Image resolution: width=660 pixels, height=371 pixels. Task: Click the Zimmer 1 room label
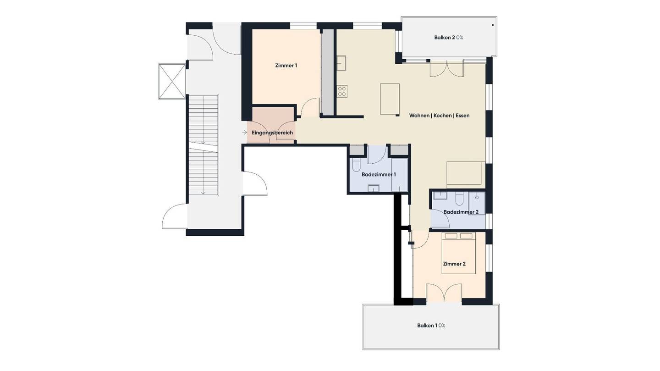click(286, 66)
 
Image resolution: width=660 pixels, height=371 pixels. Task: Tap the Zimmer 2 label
click(454, 264)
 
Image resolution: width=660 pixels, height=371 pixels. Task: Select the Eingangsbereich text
click(272, 133)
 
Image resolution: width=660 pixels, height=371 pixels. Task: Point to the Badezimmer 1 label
click(379, 175)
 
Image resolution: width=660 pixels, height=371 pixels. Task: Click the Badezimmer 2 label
click(461, 212)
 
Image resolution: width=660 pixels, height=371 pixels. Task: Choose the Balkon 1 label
click(431, 326)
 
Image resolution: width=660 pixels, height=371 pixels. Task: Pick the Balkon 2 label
click(448, 38)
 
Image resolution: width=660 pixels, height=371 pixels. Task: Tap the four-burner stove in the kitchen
click(342, 91)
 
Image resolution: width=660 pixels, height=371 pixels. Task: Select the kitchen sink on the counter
click(341, 63)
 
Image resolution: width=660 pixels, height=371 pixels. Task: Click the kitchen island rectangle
click(390, 99)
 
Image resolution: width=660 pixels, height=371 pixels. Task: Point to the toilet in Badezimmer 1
click(356, 165)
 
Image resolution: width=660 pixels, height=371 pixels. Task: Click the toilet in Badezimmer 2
click(459, 199)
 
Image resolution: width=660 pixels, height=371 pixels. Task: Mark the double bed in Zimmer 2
click(459, 253)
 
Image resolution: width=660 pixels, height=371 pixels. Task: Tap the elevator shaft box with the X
click(172, 81)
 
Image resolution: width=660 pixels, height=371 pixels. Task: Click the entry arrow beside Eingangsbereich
click(244, 133)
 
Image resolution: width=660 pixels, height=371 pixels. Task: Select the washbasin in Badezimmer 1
click(373, 188)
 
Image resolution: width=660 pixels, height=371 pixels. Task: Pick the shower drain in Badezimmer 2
click(477, 197)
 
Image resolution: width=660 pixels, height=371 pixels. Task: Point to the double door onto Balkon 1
click(444, 293)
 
